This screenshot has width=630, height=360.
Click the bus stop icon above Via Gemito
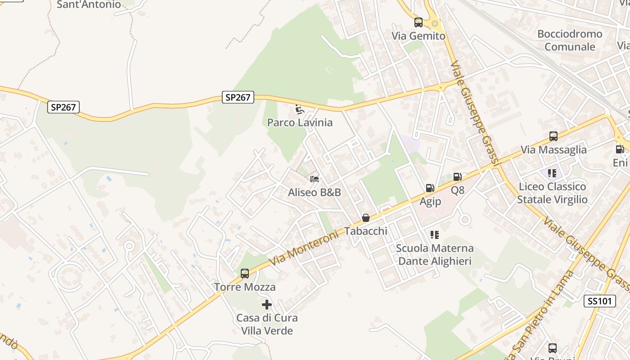[418, 22]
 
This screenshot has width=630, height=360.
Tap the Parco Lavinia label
[300, 122]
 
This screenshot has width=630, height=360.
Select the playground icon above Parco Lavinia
[299, 109]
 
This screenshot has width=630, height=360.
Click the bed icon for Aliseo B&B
[315, 180]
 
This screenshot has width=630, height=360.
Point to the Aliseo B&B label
[315, 193]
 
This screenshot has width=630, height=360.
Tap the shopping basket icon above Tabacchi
[366, 218]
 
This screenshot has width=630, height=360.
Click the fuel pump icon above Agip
[430, 188]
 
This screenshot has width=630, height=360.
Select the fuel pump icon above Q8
[457, 177]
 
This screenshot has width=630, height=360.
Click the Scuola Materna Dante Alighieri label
[435, 255]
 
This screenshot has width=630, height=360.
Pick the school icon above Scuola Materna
[434, 234]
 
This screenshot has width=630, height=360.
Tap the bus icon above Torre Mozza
[245, 273]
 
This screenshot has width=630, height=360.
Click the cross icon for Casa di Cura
[267, 305]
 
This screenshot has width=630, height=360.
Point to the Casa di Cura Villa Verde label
[267, 324]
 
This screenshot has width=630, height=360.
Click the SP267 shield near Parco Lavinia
[238, 97]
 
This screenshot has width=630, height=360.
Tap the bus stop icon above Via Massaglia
[553, 136]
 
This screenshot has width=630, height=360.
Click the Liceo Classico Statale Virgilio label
[552, 193]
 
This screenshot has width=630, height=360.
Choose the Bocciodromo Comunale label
[570, 40]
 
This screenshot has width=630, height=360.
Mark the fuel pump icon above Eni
[620, 149]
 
